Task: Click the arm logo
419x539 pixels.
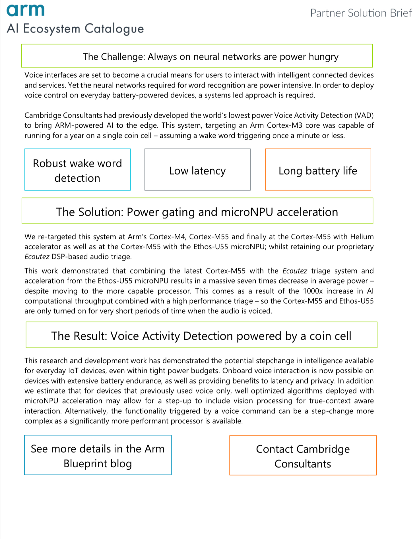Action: (x=26, y=11)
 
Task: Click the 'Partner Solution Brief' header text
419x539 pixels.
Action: (x=361, y=13)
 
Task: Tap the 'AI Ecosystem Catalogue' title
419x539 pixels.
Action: (x=75, y=29)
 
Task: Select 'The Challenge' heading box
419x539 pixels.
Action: (x=197, y=56)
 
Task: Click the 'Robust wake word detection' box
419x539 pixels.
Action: (x=77, y=170)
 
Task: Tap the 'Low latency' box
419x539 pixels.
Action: (x=197, y=170)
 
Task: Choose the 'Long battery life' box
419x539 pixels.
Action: (x=318, y=170)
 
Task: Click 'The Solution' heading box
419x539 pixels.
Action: (x=197, y=211)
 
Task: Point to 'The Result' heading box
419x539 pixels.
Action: (x=201, y=335)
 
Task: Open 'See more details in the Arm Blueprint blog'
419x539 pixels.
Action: (x=98, y=455)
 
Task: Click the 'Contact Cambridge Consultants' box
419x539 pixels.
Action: (x=303, y=455)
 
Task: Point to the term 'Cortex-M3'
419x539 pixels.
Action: (x=286, y=125)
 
